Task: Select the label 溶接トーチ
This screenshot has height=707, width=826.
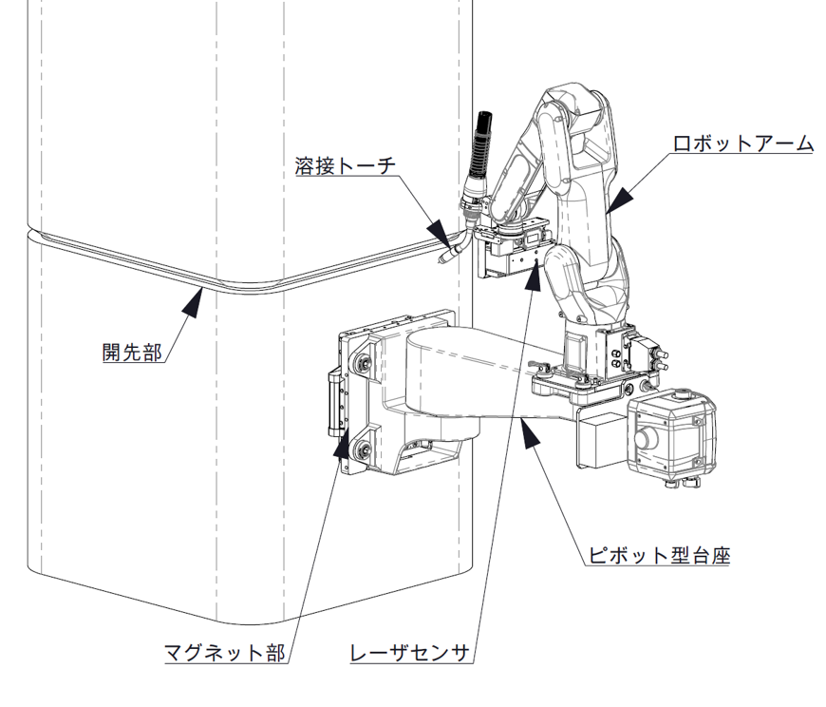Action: [344, 166]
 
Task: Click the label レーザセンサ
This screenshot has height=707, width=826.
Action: [410, 653]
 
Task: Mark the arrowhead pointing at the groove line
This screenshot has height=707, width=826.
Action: [194, 301]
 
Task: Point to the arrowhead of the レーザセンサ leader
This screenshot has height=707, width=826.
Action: [533, 276]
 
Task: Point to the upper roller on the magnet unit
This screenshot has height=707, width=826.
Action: [362, 364]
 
